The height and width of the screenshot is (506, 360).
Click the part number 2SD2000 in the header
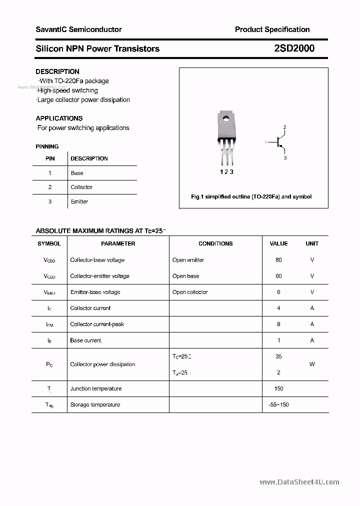coord(294,48)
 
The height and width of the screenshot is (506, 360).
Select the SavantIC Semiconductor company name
coord(78,29)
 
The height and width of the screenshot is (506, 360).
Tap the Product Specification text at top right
coord(272,29)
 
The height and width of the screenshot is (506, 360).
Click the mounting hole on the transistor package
coord(226,119)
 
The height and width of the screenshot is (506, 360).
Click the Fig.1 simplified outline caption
coord(251,196)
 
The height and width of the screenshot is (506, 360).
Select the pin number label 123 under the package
coord(226,171)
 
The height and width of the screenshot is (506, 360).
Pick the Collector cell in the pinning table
coord(81,187)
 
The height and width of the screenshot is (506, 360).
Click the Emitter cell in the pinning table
coord(79,201)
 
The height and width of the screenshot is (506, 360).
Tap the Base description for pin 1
coord(77,173)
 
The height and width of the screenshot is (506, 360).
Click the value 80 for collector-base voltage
coord(278,260)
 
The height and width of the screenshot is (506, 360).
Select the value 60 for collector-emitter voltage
coord(278,276)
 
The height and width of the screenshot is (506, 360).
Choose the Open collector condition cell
coord(190,292)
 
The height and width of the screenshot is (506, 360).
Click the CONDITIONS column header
coord(215,243)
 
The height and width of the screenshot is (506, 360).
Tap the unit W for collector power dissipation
coord(312,364)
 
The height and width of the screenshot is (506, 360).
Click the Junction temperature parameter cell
coord(96,388)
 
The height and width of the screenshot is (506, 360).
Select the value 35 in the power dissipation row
coord(278,356)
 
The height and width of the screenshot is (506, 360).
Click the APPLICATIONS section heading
coord(59,118)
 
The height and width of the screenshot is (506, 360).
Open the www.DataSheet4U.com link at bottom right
coord(299,482)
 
